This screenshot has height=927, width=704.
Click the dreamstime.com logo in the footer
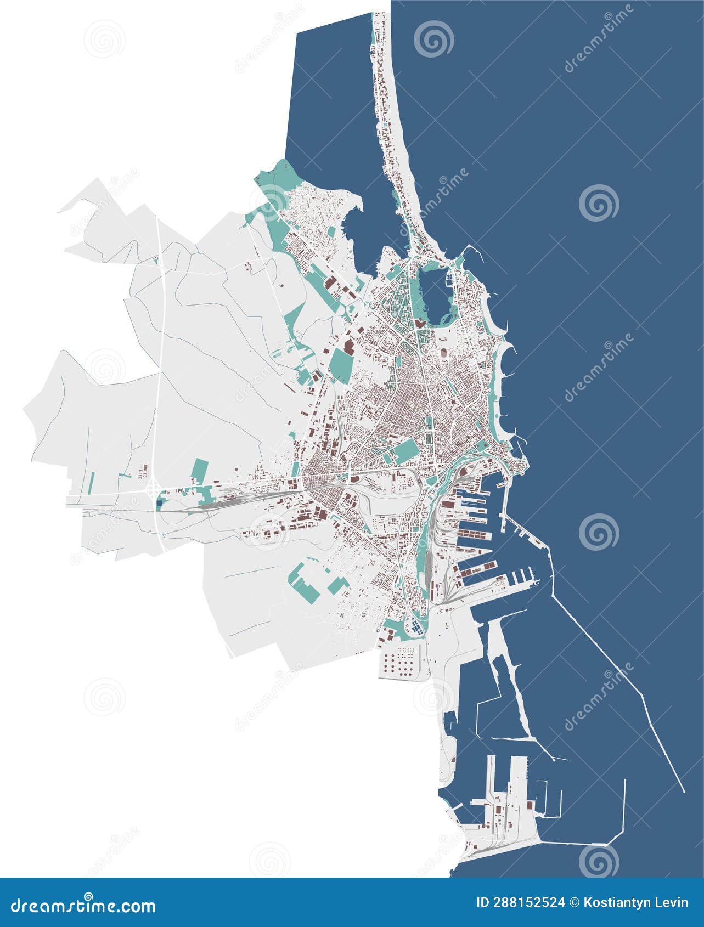(x=83, y=905)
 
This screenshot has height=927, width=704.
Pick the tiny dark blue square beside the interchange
(x=160, y=501)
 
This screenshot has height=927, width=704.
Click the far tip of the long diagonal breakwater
(x=684, y=792)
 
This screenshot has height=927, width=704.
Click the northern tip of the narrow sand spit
(x=379, y=14)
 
